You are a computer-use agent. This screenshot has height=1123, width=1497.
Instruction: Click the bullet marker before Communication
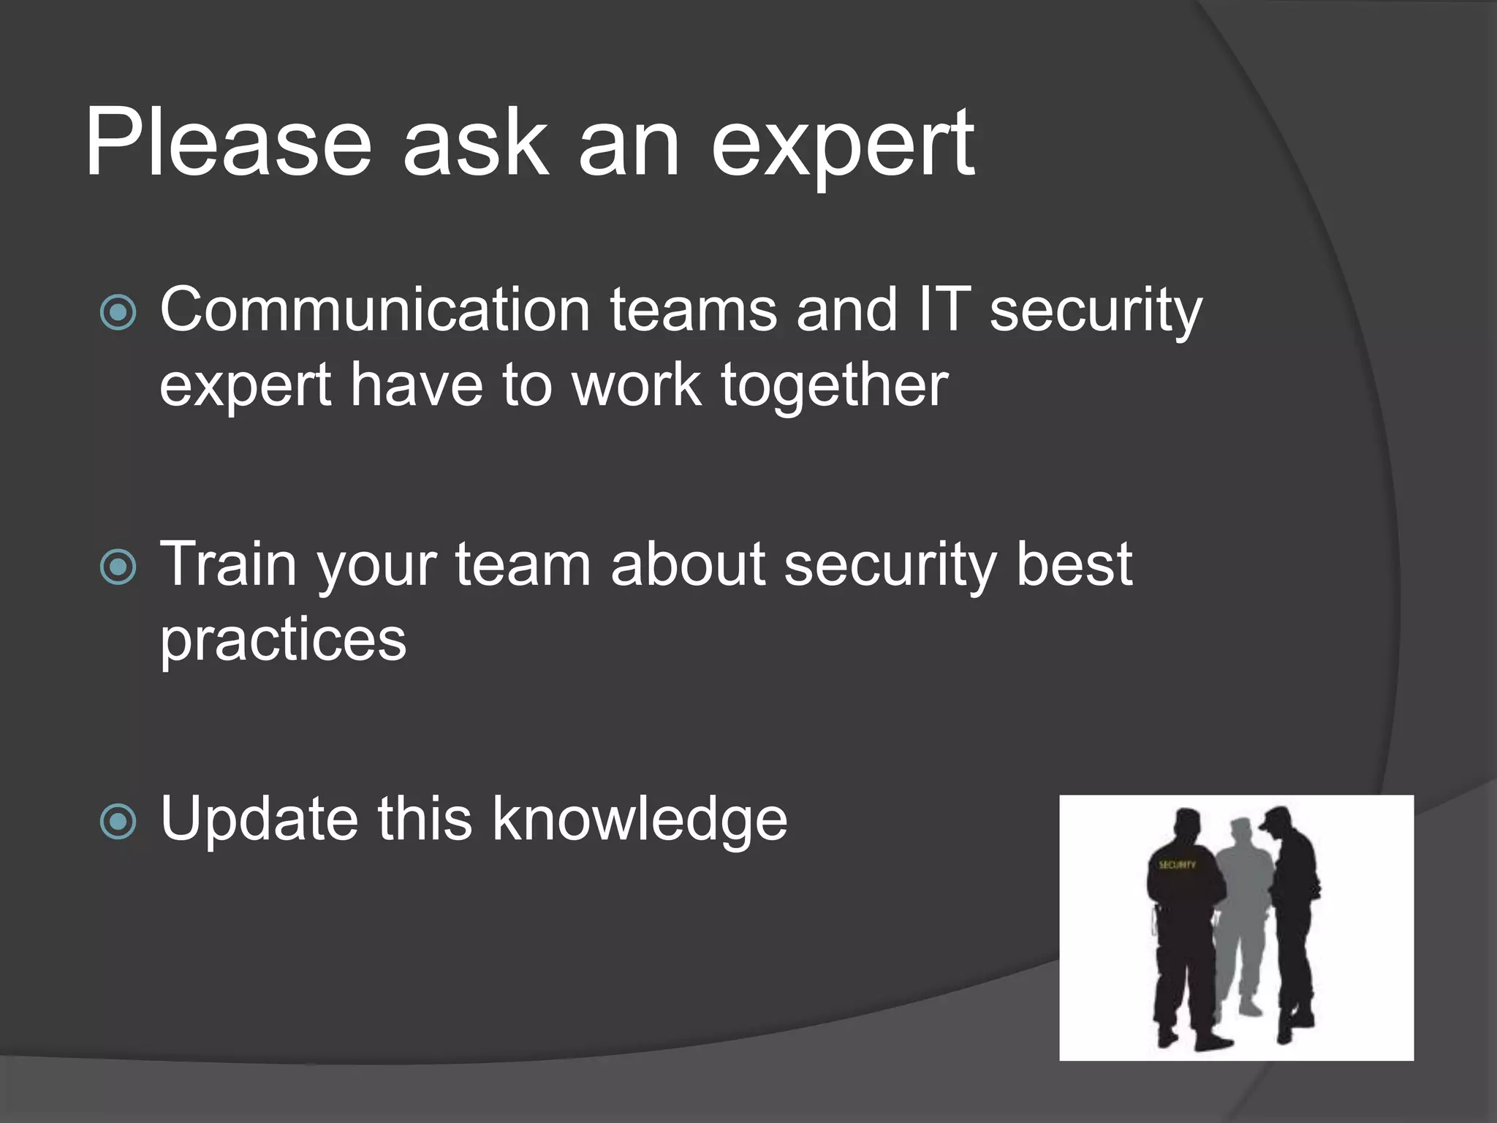(x=118, y=313)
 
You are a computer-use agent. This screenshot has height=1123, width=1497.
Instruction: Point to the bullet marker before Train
(x=118, y=567)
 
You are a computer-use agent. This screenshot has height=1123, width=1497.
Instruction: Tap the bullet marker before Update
(x=118, y=821)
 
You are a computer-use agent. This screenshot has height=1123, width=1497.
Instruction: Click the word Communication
(x=374, y=310)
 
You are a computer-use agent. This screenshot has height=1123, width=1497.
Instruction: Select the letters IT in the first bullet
(x=944, y=310)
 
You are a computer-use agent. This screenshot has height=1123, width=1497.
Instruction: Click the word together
(x=834, y=386)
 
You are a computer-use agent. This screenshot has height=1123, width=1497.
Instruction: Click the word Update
(x=259, y=820)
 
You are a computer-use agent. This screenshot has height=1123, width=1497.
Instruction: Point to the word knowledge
(x=640, y=820)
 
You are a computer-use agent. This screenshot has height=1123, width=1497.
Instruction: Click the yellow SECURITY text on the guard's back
(x=1176, y=865)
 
